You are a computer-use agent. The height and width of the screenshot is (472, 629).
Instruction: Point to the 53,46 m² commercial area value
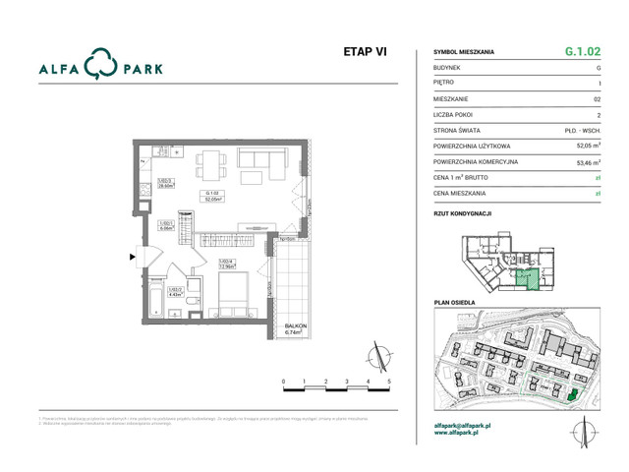coord(589,162)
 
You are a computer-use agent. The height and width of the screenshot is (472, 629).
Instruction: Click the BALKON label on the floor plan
coord(296,325)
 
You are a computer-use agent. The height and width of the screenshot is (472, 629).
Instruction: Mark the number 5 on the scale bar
coord(389,380)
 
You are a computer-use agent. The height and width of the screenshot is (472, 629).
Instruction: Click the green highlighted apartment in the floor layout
coord(529,277)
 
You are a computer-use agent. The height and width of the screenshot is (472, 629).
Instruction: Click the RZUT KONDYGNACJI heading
coord(462,212)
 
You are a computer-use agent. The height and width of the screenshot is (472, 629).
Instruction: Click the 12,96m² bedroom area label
coord(226,265)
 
